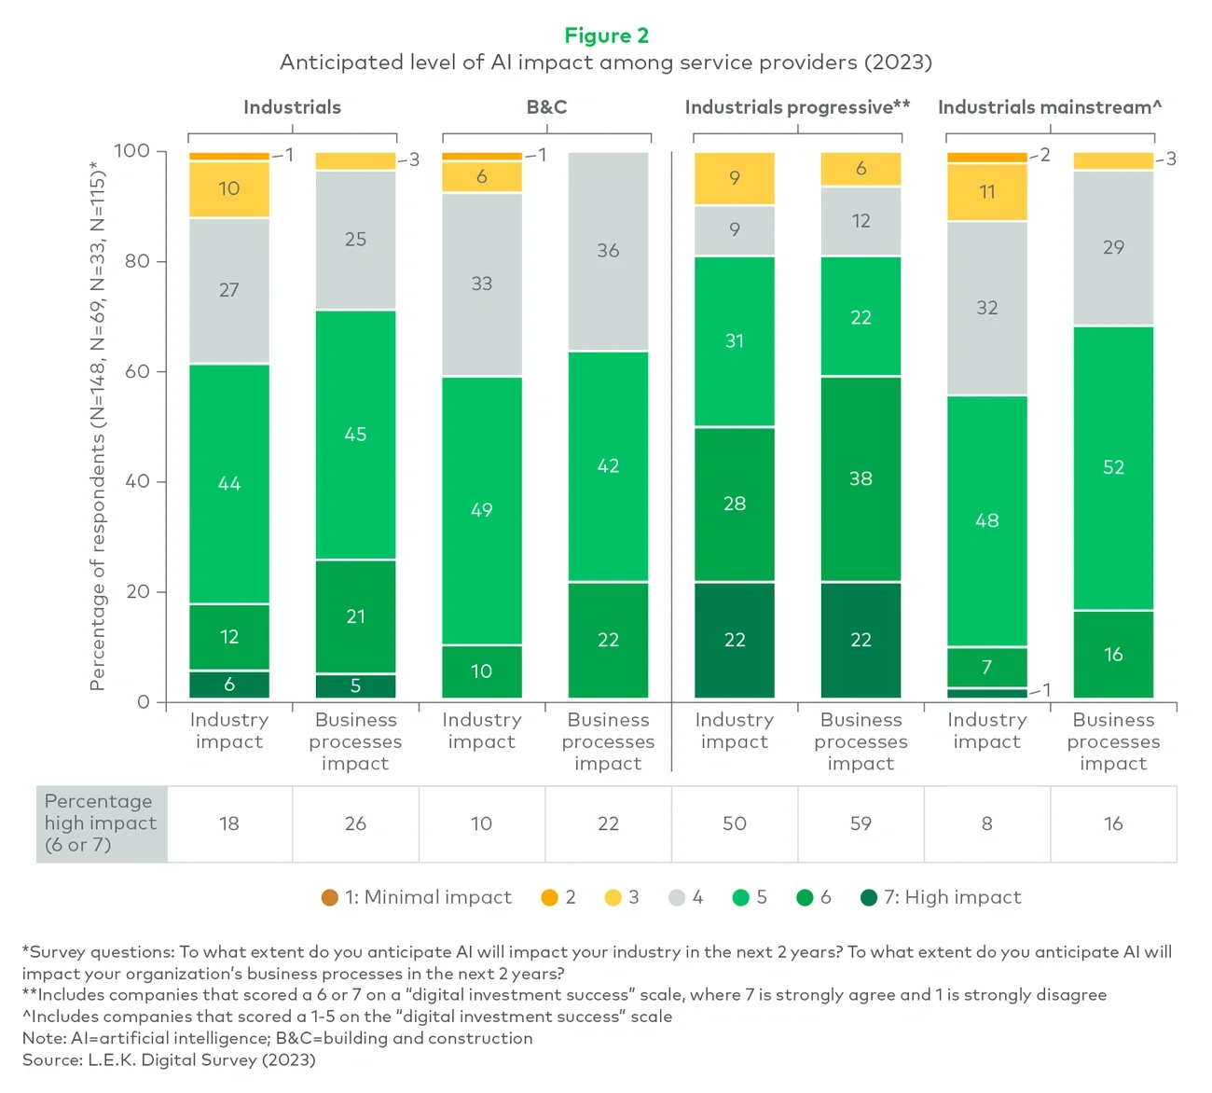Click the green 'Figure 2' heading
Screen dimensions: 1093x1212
click(606, 35)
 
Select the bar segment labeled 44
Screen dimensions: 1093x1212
click(229, 483)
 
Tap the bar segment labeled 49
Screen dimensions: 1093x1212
click(481, 510)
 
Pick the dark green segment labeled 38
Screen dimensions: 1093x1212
click(861, 478)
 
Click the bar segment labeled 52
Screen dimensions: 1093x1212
click(1113, 467)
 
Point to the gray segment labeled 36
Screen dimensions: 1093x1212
click(608, 251)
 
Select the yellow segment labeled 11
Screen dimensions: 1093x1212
click(986, 192)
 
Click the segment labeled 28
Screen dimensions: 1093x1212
click(735, 504)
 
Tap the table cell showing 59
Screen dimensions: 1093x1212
click(861, 823)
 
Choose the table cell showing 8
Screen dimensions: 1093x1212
click(986, 823)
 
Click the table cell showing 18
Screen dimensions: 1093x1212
click(229, 823)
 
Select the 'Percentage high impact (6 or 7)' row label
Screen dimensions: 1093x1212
click(101, 823)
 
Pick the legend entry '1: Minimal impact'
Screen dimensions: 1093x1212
click(417, 897)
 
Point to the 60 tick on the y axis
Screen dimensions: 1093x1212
click(137, 371)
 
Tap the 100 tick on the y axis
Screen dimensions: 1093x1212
click(131, 151)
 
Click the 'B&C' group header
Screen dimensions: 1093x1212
click(546, 107)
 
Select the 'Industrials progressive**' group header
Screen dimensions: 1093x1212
click(797, 107)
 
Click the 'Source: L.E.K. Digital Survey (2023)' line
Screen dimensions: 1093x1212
click(169, 1059)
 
